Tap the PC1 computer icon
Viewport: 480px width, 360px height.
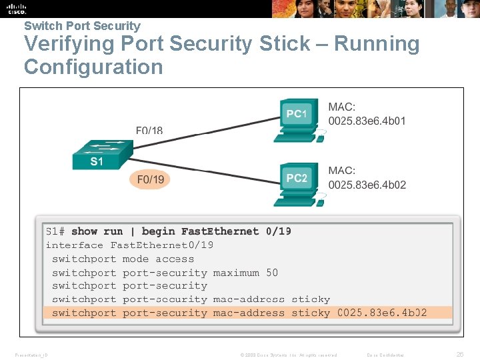pyautogui.click(x=297, y=119)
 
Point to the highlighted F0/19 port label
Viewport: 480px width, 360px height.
pyautogui.click(x=150, y=179)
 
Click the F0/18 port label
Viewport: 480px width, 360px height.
pyautogui.click(x=149, y=131)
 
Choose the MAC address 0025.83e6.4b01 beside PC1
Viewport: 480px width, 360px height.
pyautogui.click(x=367, y=121)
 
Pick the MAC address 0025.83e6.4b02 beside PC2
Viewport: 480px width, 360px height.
pyautogui.click(x=367, y=185)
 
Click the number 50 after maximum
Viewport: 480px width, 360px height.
pyautogui.click(x=272, y=273)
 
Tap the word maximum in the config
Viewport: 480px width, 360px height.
pyautogui.click(x=236, y=273)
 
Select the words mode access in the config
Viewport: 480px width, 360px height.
pyautogui.click(x=159, y=259)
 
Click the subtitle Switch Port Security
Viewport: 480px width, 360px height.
pyautogui.click(x=82, y=26)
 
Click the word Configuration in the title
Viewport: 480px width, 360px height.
pyautogui.click(x=93, y=67)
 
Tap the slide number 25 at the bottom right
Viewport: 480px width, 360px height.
pyautogui.click(x=459, y=354)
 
